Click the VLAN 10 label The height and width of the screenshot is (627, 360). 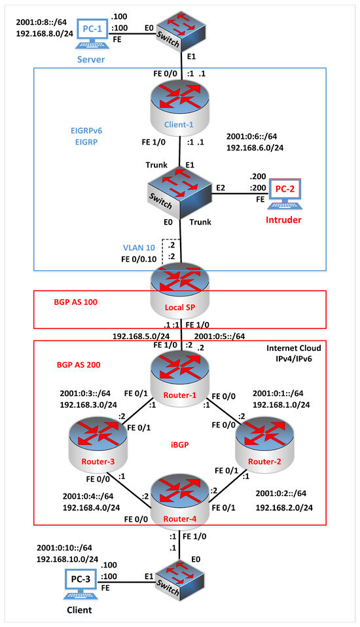(139, 248)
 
